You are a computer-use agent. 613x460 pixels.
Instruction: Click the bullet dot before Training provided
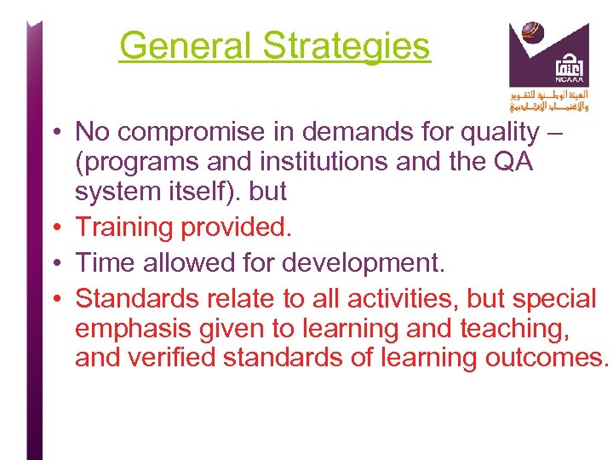tap(54, 228)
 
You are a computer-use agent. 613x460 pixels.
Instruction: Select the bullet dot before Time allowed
tap(54, 262)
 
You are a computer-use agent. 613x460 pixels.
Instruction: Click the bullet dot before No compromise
tap(54, 133)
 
